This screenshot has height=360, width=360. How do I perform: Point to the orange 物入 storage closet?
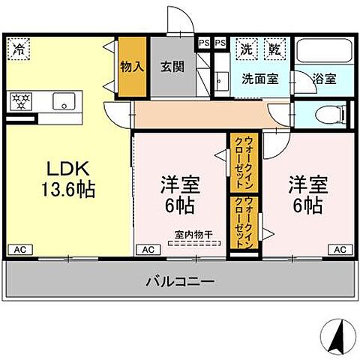132,67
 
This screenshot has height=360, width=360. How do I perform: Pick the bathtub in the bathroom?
322,52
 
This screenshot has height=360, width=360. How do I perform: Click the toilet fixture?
330,115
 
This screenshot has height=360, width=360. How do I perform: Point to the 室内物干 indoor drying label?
193,234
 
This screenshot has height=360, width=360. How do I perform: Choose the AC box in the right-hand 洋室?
339,249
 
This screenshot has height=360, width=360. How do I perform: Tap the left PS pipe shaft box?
204,43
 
